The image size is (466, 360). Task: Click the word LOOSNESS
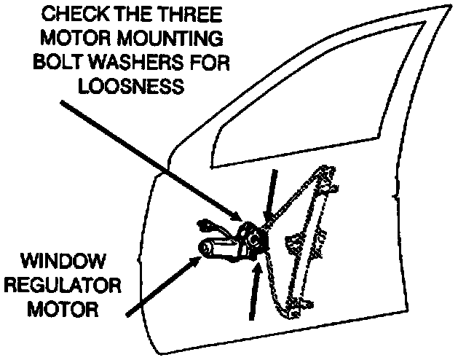(135, 87)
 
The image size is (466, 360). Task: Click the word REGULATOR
(63, 285)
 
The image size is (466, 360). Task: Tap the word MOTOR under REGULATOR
(63, 309)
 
